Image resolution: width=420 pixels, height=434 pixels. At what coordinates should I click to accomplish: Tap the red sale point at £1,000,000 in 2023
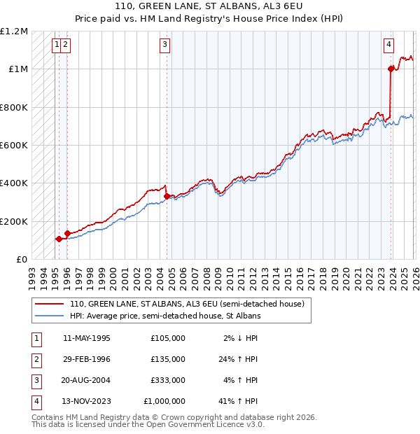click(x=391, y=69)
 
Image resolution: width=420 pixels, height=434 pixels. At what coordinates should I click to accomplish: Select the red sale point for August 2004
click(x=167, y=196)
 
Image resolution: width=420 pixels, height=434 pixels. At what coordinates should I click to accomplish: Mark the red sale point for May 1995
click(x=59, y=239)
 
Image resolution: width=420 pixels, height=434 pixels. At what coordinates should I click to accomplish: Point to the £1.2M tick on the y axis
click(x=14, y=31)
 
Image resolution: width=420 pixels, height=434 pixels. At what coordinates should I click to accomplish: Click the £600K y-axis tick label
click(x=14, y=146)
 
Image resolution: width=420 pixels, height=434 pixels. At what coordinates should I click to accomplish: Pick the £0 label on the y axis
click(x=21, y=260)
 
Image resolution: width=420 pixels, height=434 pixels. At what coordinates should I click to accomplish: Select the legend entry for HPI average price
click(x=165, y=316)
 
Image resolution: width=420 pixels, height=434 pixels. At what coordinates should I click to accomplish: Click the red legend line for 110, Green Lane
click(x=49, y=304)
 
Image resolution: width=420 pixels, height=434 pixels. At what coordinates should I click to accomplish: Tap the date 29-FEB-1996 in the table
click(x=86, y=359)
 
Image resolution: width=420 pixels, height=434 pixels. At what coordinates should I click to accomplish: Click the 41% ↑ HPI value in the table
click(x=239, y=401)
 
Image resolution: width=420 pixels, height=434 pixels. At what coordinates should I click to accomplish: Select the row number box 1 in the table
click(x=36, y=338)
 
